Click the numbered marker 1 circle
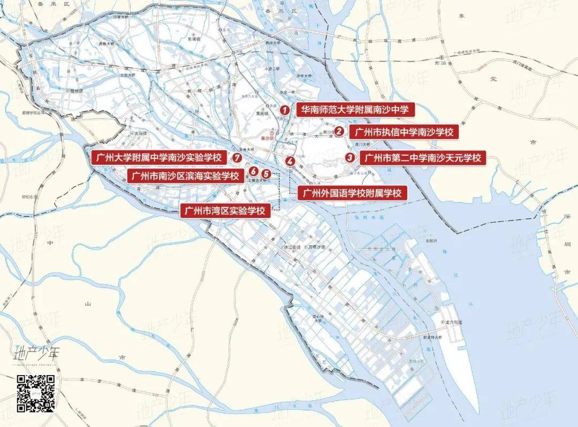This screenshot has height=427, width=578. [x=286, y=110]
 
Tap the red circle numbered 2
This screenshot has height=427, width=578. [x=339, y=131]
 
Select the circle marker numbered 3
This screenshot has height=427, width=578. [x=349, y=157]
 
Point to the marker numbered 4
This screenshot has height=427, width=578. [x=290, y=161]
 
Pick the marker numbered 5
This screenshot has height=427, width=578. [x=265, y=173]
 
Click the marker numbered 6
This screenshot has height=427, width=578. [x=253, y=171]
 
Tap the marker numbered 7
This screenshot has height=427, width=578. [x=237, y=157]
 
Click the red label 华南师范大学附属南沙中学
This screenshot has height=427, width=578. [x=354, y=110]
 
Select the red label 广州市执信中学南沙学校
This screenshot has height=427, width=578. [x=404, y=132]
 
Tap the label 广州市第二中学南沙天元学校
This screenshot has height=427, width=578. [x=423, y=158]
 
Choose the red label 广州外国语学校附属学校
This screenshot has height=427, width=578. [x=352, y=193]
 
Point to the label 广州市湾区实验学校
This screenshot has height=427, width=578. [x=224, y=210]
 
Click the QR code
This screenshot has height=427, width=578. [x=36, y=394]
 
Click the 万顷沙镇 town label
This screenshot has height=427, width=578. [x=316, y=247]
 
